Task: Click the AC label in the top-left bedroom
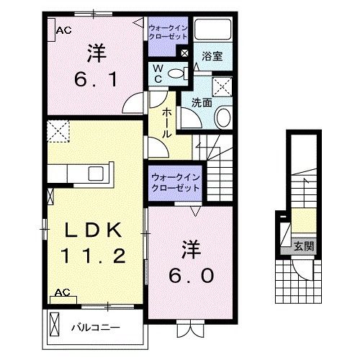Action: [x=63, y=30]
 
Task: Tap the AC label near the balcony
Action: [x=62, y=293]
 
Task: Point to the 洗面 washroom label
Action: [x=201, y=102]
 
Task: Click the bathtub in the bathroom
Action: [x=212, y=31]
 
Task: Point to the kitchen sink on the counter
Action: [x=95, y=174]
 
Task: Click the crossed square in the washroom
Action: [x=222, y=88]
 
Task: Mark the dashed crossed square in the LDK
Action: [x=57, y=131]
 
